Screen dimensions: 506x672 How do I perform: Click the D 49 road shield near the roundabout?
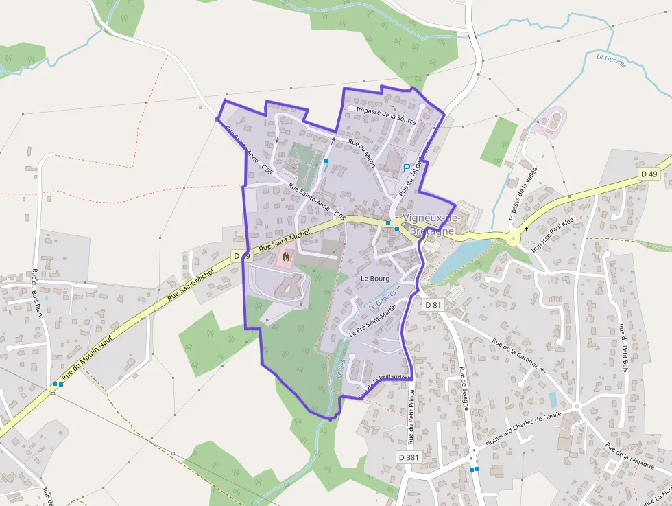tap(648, 174)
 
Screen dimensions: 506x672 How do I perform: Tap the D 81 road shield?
tap(432, 304)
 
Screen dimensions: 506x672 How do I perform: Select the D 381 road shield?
tap(408, 457)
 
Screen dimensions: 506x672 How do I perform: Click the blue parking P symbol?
tap(406, 168)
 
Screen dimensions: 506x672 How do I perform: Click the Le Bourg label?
tap(375, 279)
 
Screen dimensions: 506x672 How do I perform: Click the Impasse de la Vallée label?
tap(523, 193)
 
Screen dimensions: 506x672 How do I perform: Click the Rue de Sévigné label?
tap(464, 389)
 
